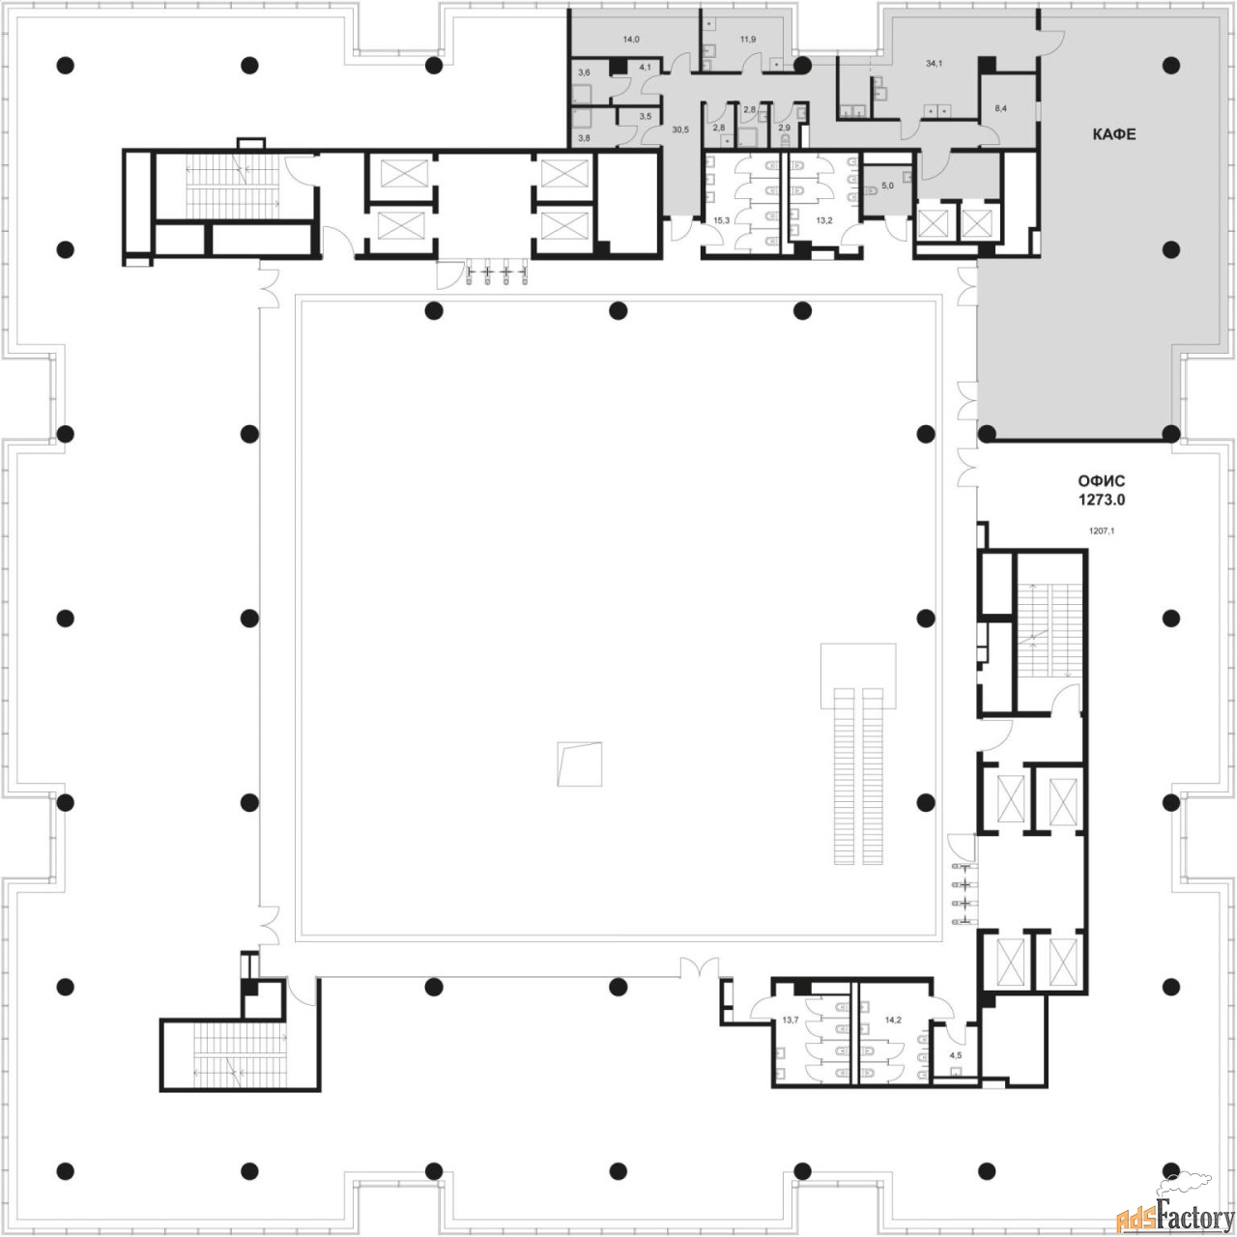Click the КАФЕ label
[x=1113, y=134]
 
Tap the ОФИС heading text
[x=1102, y=481]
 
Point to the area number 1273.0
[x=1102, y=500]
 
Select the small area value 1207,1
[x=1102, y=531]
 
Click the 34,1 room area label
[x=934, y=64]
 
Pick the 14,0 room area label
[x=631, y=40]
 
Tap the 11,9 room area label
[x=748, y=40]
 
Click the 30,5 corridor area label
[x=680, y=129]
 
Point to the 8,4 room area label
[x=1001, y=108]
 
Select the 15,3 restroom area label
[x=722, y=220]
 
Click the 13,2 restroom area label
[x=824, y=220]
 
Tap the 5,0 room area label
[x=887, y=186]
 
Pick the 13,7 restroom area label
[x=791, y=1020]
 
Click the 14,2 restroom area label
[x=893, y=1020]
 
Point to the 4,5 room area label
[x=956, y=1055]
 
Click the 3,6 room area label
[x=584, y=72]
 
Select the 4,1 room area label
[x=646, y=67]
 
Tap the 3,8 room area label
[x=584, y=137]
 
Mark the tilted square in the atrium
[x=580, y=764]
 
